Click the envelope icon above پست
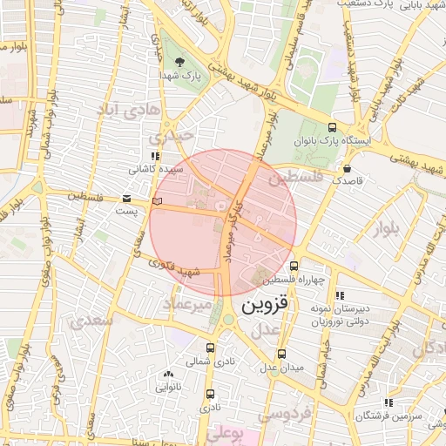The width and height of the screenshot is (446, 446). coord(127,199)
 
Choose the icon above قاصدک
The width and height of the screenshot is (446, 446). coord(348,168)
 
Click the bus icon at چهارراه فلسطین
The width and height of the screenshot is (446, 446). coord(294,267)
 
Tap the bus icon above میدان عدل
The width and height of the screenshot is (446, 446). coord(280,354)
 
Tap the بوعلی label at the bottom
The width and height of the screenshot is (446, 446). coord(227,433)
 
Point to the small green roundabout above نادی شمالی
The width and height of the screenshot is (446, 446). coord(228,320)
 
